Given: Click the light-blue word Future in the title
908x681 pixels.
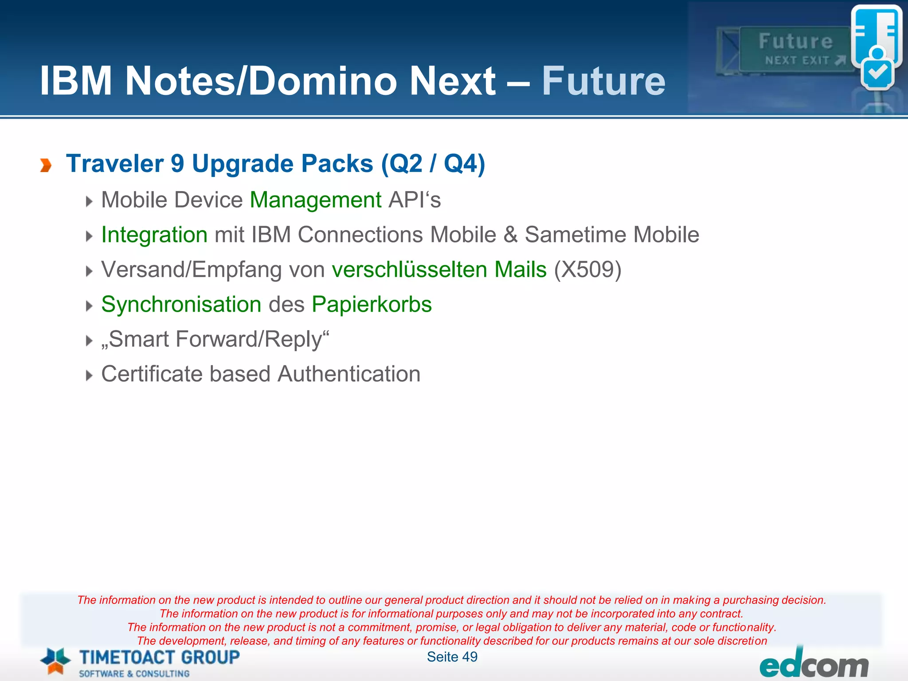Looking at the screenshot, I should (x=603, y=81).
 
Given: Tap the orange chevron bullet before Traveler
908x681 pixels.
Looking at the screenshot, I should (x=46, y=165).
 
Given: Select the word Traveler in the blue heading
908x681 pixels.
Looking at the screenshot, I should (x=115, y=164).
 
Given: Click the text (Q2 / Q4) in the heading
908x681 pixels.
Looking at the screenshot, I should (x=433, y=164).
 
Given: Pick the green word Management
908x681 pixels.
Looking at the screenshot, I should (x=315, y=200).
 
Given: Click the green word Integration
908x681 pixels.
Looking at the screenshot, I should (x=154, y=235).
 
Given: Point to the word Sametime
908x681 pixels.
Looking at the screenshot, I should (x=575, y=235).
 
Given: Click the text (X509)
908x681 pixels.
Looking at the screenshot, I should (x=587, y=270).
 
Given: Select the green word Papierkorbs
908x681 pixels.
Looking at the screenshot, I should (x=372, y=305).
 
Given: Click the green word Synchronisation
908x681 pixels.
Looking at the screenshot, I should (x=181, y=305).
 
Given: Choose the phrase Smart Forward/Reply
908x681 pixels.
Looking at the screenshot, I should (x=215, y=339).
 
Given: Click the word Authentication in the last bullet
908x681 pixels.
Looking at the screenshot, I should (x=349, y=374).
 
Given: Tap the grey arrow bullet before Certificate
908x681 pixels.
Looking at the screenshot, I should (x=89, y=376).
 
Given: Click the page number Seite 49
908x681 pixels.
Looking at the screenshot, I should (x=452, y=657).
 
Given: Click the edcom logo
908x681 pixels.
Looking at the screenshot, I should (x=814, y=665).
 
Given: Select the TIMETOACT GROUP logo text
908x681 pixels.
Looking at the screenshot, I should (x=160, y=657).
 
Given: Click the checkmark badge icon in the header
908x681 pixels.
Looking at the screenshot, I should (x=877, y=72).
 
